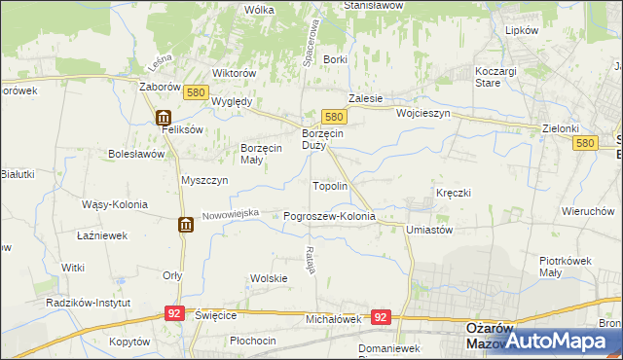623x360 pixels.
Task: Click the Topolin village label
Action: click(x=329, y=185)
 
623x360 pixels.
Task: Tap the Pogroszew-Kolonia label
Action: click(x=329, y=216)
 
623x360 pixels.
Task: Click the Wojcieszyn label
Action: click(x=423, y=113)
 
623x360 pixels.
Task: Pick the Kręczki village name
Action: click(x=454, y=193)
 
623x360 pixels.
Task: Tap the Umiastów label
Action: click(x=429, y=230)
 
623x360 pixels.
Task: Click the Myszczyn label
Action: click(x=204, y=180)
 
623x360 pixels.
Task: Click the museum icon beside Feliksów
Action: click(x=163, y=118)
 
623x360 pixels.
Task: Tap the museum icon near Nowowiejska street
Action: click(x=185, y=226)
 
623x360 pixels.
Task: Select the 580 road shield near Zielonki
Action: click(x=584, y=143)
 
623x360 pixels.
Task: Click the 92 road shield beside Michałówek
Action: click(x=381, y=317)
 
